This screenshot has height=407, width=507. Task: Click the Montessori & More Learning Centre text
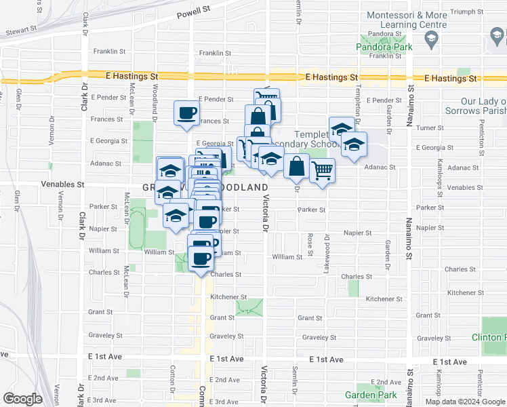(406, 20)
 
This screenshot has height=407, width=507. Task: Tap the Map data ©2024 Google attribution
(465, 402)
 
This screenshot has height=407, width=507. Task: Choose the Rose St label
(310, 241)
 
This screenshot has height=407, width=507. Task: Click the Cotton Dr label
(174, 376)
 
